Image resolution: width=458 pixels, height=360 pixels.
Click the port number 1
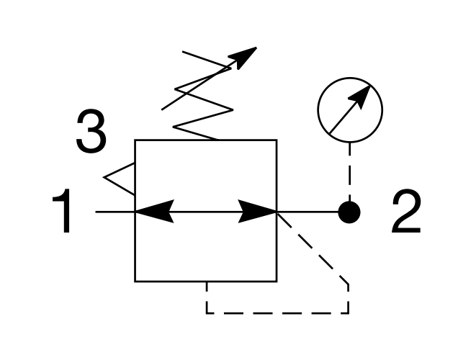[x=63, y=210]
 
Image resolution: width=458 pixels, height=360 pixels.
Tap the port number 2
[x=406, y=210]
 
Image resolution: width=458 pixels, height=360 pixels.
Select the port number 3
[x=91, y=130]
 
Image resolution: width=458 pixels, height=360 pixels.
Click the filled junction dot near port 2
[x=349, y=212]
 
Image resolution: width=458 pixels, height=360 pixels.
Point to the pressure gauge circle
[x=350, y=78]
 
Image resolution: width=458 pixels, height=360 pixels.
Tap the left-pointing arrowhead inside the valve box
[x=154, y=212]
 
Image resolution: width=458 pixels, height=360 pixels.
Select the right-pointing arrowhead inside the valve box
[x=257, y=212]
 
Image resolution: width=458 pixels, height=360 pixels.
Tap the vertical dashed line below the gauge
[x=350, y=172]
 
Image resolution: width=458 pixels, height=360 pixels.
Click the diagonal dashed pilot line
[x=313, y=248]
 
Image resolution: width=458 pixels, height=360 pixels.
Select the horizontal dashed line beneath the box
[x=277, y=313]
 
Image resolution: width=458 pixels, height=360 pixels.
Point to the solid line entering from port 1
[x=115, y=212]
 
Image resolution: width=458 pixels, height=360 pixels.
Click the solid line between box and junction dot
[x=307, y=212]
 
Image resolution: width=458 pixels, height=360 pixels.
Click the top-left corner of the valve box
[x=135, y=140]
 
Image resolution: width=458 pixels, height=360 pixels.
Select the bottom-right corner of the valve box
[x=277, y=282]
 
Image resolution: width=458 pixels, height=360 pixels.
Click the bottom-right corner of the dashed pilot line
[x=348, y=313]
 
